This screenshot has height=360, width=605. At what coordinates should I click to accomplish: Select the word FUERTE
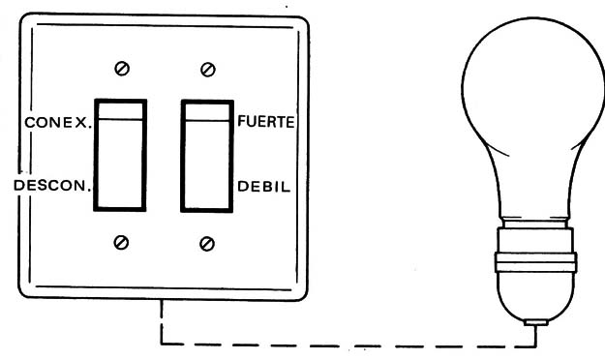[266, 123]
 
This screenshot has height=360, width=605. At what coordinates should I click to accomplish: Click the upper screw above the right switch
[206, 68]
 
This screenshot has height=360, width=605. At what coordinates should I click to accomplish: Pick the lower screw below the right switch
[206, 242]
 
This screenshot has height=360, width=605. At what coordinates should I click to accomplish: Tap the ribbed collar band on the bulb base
[536, 259]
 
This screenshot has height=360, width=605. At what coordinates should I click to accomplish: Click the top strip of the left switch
[119, 109]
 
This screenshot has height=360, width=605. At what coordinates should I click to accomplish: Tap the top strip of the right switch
[206, 109]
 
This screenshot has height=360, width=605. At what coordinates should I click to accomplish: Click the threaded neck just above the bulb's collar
[536, 237]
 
